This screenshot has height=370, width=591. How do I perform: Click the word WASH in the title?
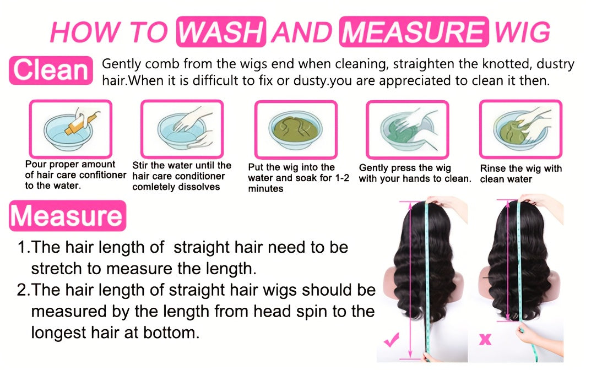(221, 31)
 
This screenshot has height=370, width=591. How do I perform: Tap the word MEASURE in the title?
(414, 31)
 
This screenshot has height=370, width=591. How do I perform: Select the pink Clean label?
(51, 70)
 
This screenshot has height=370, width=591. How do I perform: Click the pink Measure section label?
(67, 216)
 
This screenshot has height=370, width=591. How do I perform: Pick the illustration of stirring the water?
(182, 129)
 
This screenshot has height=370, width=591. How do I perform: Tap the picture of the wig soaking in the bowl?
(296, 129)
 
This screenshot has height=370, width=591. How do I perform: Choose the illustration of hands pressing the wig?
(408, 129)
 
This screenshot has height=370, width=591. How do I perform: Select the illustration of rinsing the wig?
(521, 129)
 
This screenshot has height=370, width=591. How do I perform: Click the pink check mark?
(392, 340)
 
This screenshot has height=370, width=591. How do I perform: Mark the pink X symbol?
(485, 340)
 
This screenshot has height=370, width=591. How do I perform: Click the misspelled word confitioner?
(102, 175)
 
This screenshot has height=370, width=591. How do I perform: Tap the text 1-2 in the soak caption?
(342, 178)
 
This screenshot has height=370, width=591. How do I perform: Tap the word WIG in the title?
(522, 32)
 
